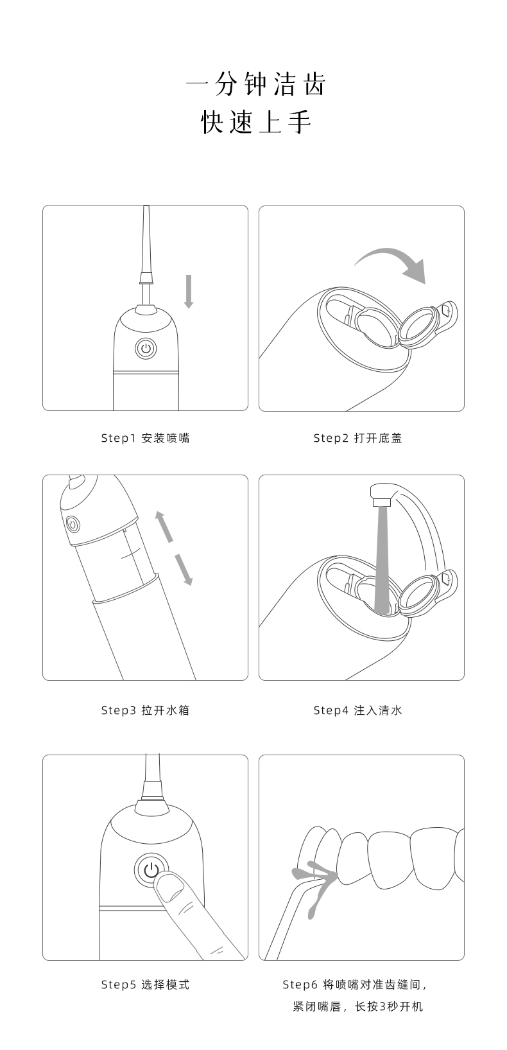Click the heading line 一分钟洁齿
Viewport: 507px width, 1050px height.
click(x=256, y=84)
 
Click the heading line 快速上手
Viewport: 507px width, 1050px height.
click(x=256, y=122)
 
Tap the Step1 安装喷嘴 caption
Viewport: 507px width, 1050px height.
click(x=145, y=438)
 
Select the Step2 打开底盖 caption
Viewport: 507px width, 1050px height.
click(x=357, y=438)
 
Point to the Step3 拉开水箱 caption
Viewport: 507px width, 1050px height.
click(x=145, y=710)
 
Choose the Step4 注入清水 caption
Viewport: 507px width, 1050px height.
click(x=357, y=710)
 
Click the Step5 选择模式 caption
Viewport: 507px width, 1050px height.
click(x=145, y=984)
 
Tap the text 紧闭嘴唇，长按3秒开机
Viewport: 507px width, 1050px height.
click(x=357, y=1006)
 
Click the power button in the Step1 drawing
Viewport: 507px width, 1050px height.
click(x=146, y=348)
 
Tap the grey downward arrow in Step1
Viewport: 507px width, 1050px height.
click(x=189, y=292)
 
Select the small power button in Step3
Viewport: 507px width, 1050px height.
click(x=73, y=523)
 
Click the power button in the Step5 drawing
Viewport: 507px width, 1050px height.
click(x=151, y=870)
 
